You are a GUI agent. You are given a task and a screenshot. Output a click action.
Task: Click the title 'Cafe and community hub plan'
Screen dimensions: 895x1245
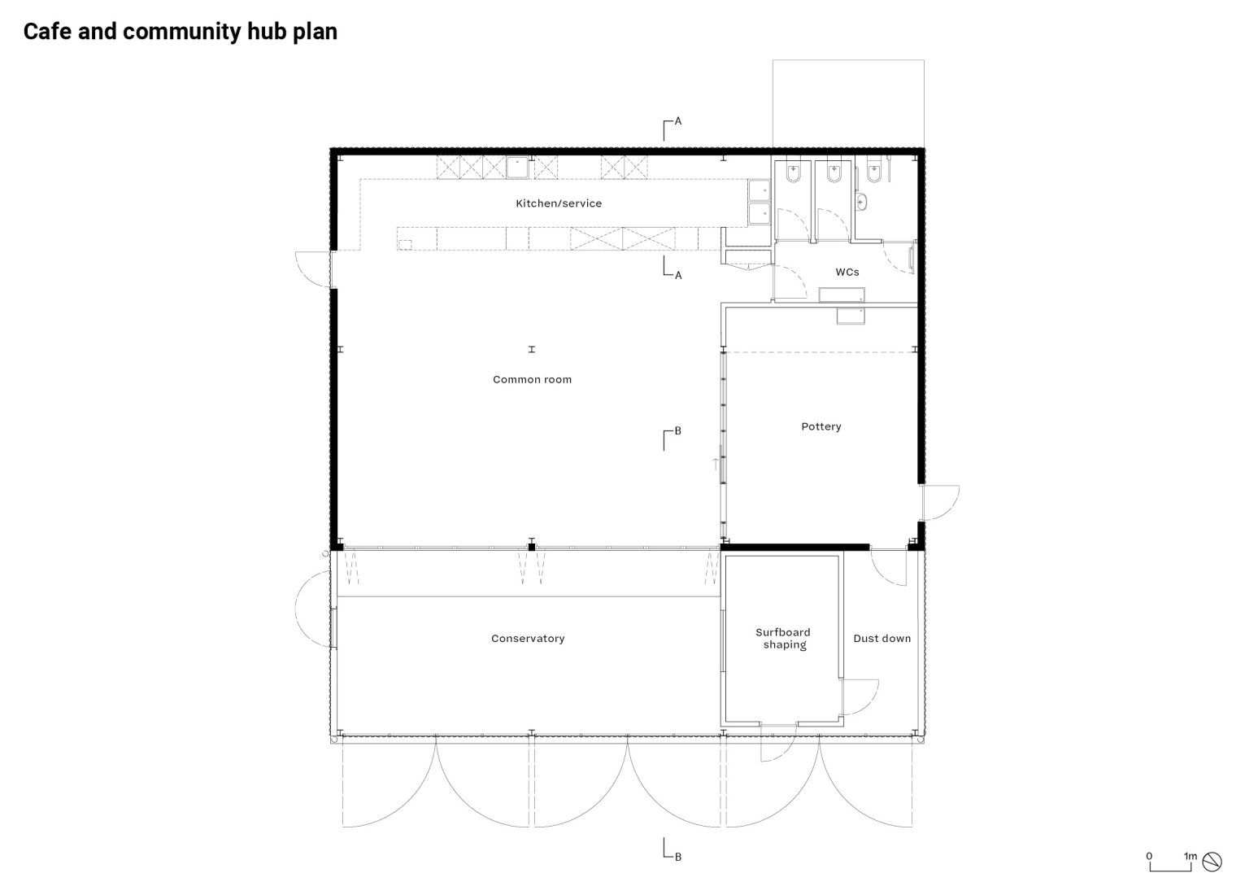tap(180, 32)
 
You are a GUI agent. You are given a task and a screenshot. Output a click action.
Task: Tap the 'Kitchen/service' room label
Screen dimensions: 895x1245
tap(559, 203)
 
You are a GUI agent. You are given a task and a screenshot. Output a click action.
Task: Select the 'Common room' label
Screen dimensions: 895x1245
tap(532, 379)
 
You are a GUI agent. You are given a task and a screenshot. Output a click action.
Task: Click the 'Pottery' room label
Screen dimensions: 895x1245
tap(821, 426)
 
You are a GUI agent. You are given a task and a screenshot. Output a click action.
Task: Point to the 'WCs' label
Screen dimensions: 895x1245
tap(847, 272)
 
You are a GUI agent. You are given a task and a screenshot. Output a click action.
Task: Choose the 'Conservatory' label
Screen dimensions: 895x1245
tap(527, 639)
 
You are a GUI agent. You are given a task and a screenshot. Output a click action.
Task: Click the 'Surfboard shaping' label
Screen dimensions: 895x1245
tap(782, 639)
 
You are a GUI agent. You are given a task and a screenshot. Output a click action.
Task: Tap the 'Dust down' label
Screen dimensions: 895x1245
tap(882, 639)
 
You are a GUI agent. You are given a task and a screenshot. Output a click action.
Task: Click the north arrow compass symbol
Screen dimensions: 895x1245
tap(1212, 861)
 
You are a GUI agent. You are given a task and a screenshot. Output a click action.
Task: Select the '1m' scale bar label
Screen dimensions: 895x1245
tap(1191, 856)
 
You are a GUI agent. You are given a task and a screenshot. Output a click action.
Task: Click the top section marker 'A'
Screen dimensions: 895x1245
tap(677, 121)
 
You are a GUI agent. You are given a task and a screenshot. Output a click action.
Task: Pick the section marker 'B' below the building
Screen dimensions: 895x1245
tap(677, 856)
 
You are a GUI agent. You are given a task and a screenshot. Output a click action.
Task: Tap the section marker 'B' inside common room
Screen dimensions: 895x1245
tap(677, 431)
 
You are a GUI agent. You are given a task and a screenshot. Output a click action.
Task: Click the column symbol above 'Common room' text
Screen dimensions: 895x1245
tap(532, 349)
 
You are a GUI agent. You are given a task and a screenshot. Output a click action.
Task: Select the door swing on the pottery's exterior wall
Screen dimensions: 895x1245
tap(939, 501)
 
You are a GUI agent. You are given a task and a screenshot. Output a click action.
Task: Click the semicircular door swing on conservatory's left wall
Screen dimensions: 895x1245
tap(313, 609)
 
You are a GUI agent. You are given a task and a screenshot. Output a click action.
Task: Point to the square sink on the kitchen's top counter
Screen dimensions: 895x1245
tap(517, 168)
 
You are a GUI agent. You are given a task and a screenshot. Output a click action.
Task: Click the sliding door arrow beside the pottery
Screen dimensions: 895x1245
tap(716, 464)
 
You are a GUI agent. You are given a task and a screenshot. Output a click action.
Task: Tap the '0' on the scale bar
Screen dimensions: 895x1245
tap(1149, 856)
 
